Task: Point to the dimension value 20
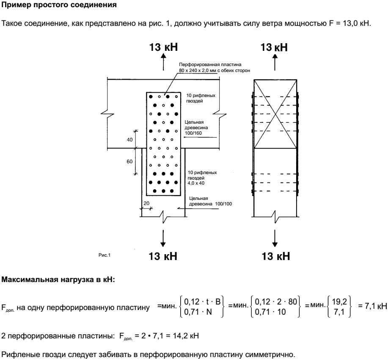146,203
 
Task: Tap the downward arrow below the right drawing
275,238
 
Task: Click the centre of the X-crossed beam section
275,114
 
